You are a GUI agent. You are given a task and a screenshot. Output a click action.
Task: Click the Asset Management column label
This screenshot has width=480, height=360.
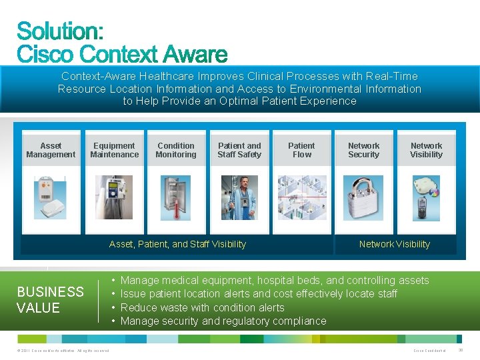pyautogui.click(x=51, y=150)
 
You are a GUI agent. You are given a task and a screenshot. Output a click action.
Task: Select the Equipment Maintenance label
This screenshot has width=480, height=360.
pyautogui.click(x=114, y=150)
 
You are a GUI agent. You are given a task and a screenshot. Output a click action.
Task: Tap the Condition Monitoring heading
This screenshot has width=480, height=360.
pyautogui.click(x=176, y=150)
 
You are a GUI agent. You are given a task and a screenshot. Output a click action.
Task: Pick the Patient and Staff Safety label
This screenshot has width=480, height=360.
pyautogui.click(x=239, y=150)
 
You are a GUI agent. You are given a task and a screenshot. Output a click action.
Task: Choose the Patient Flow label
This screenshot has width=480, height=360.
pyautogui.click(x=301, y=150)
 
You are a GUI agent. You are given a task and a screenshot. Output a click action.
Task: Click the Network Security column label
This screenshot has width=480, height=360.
pyautogui.click(x=363, y=150)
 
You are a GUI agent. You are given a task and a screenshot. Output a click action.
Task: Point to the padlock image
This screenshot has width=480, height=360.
pyautogui.click(x=363, y=197)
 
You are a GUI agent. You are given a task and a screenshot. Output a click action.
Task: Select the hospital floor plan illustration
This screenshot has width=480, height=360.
pyautogui.click(x=301, y=197)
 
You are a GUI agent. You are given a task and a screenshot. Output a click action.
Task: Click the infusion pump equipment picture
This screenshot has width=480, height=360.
pyautogui.click(x=114, y=197)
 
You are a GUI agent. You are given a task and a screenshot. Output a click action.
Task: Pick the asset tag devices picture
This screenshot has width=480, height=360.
pyautogui.click(x=51, y=198)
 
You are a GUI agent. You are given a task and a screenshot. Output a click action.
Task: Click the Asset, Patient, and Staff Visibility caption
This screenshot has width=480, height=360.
pyautogui.click(x=177, y=244)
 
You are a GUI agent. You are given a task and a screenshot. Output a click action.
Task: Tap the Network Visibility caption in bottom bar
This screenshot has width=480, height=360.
pyautogui.click(x=394, y=244)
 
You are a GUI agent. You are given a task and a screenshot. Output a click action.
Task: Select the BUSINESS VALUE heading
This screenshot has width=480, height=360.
pyautogui.click(x=50, y=300)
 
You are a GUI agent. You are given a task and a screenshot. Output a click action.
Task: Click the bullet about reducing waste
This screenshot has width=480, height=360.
pyautogui.click(x=202, y=307)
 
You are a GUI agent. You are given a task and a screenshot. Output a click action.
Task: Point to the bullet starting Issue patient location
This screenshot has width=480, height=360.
pyautogui.click(x=259, y=293)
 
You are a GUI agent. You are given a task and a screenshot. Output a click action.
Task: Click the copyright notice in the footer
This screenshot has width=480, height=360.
pyautogui.click(x=60, y=351)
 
